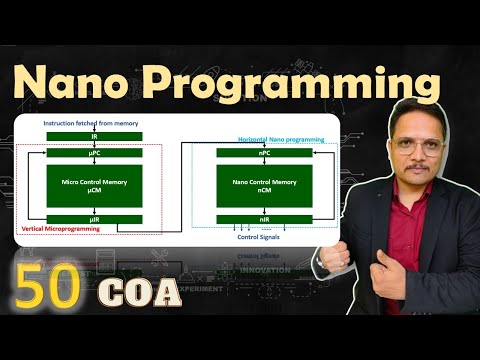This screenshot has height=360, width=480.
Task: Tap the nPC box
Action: [264, 154]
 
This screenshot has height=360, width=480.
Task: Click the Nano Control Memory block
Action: [264, 186]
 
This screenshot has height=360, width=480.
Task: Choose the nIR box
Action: [264, 219]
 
